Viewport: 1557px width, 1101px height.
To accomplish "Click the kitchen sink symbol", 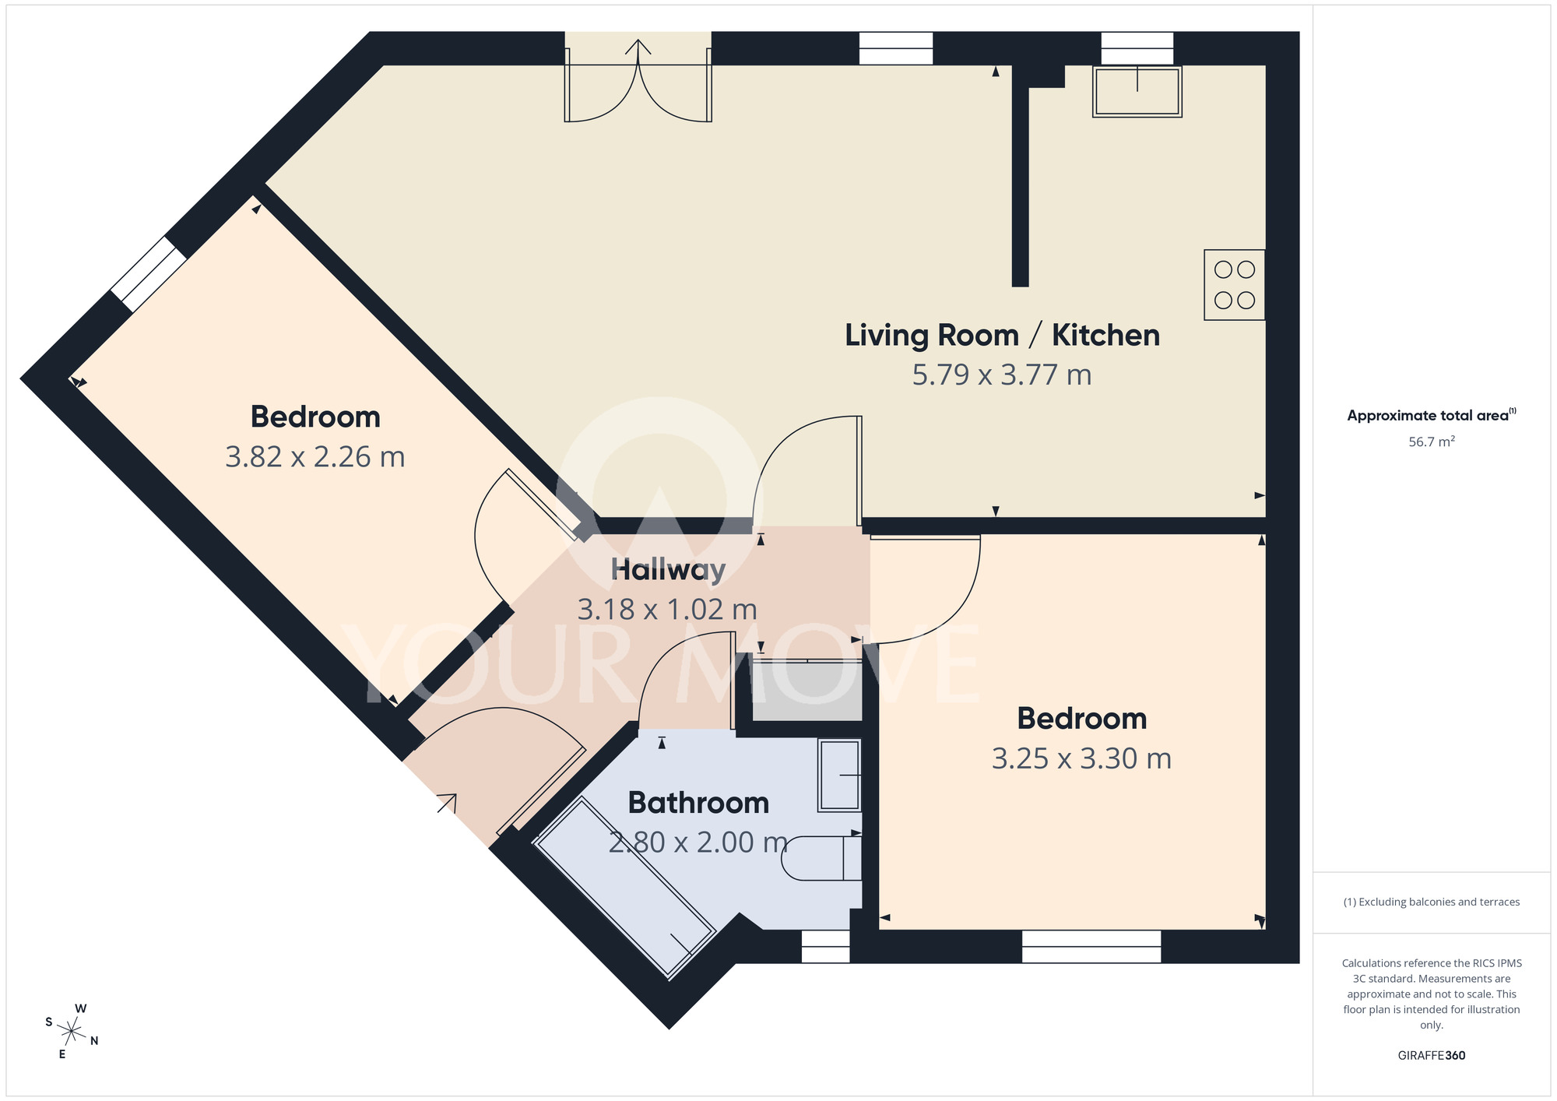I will tap(1137, 92).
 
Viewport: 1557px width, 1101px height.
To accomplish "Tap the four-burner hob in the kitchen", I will tap(1234, 284).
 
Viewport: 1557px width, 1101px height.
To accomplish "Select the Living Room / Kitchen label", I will tap(1002, 336).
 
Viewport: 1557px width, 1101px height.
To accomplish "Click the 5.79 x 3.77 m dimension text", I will tap(1002, 375).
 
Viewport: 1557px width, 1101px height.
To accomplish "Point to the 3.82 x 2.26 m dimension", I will tap(315, 457).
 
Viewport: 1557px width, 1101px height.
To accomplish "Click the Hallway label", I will tap(668, 570).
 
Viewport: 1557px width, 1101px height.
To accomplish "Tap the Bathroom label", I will tap(698, 803).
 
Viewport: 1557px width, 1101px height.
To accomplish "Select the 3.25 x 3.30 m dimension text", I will tap(1081, 758).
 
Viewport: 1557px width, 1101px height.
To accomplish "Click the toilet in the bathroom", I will tap(822, 858).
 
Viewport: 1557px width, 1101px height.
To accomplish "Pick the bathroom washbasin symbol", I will tap(839, 776).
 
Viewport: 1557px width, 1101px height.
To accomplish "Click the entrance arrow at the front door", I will tap(447, 803).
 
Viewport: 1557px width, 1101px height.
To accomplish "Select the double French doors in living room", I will tap(638, 86).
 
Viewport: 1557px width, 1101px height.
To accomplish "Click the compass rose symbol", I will tap(72, 1032).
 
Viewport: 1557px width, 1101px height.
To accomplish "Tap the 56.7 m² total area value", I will tap(1431, 441).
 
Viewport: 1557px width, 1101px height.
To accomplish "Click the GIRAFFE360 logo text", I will tap(1431, 1056).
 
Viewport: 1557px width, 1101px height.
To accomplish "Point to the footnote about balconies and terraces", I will tap(1431, 902).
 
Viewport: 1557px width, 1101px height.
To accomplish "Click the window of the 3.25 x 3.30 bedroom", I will tap(1091, 946).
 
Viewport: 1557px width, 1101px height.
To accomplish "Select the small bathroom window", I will tap(825, 946).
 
